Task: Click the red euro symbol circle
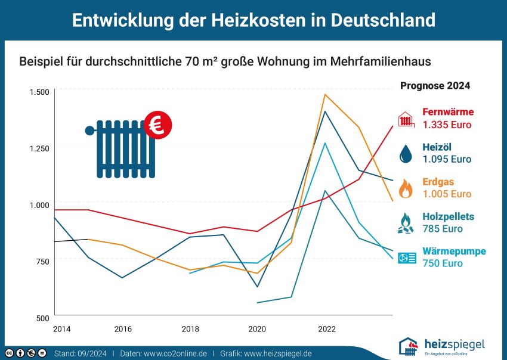click(158, 125)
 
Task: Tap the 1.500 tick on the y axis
click(39, 92)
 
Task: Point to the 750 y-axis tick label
click(43, 262)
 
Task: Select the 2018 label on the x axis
click(190, 329)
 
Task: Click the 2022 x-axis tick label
click(327, 329)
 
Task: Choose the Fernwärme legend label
click(448, 112)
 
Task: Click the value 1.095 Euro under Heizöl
click(447, 159)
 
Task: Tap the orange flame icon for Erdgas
click(406, 188)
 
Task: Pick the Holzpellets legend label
click(448, 216)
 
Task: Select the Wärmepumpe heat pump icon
click(407, 258)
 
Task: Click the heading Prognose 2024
click(435, 86)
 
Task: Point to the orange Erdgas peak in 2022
click(324, 94)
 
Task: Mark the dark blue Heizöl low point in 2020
click(258, 287)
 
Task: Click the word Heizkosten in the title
click(258, 20)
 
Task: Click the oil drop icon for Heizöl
click(406, 154)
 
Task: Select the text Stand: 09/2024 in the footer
click(80, 353)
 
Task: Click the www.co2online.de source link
click(175, 353)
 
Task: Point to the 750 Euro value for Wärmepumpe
click(443, 263)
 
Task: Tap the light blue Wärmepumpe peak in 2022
click(324, 143)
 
